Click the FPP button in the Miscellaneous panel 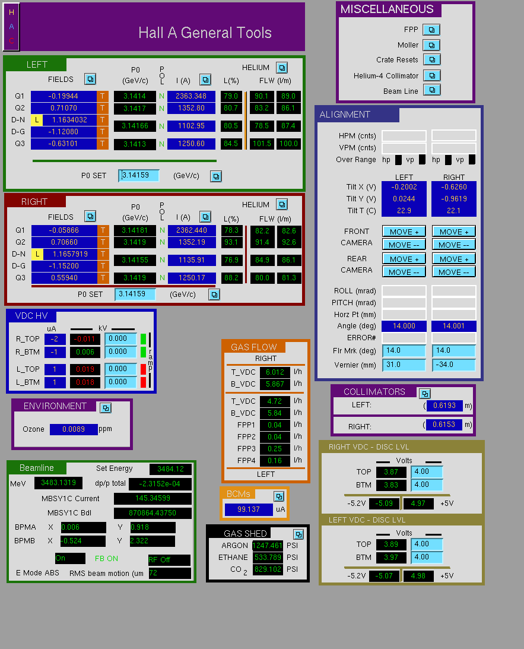pos(431,30)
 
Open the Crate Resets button pos(431,59)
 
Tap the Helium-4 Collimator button pos(431,75)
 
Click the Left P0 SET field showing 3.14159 pos(138,176)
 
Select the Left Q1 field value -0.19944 pos(63,96)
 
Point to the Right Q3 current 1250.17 pos(192,278)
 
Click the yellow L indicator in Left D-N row pos(37,120)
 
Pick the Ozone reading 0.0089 pos(74,429)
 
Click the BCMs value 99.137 pos(249,509)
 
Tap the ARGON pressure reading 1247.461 pos(267,546)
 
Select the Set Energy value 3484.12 pos(170,469)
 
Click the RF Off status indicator pos(169,560)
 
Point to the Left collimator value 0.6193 pos(444,406)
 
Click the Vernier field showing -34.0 pos(454,365)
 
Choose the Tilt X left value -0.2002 pos(404,187)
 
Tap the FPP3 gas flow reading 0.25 pos(275,449)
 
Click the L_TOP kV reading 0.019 pos(85,369)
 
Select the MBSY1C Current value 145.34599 pos(153,498)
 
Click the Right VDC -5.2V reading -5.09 pos(384,504)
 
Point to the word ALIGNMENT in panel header pos(345,115)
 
